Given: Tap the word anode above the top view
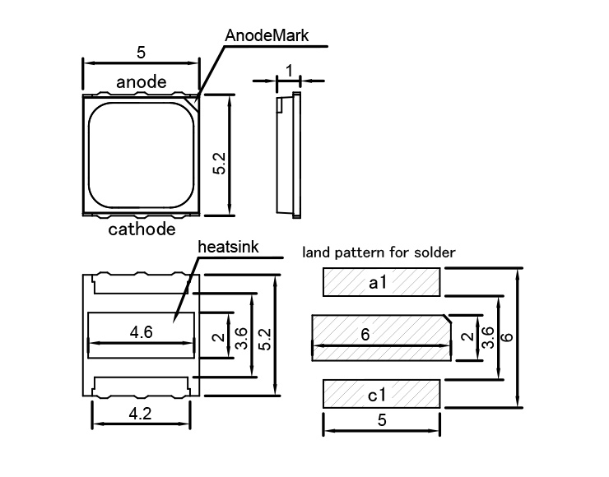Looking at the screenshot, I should click(142, 81).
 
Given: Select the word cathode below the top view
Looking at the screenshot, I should click(142, 229).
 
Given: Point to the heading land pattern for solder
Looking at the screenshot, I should click(379, 252).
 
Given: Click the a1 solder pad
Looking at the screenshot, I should click(380, 283).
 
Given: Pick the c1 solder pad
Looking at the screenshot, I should click(380, 394).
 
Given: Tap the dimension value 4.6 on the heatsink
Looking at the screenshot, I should click(142, 332).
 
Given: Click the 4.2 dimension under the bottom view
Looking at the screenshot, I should click(141, 414).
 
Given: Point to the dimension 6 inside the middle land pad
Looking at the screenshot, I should click(365, 333).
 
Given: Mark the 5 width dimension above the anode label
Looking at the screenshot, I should click(141, 52).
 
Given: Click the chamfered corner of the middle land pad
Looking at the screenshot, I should click(448, 317).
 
